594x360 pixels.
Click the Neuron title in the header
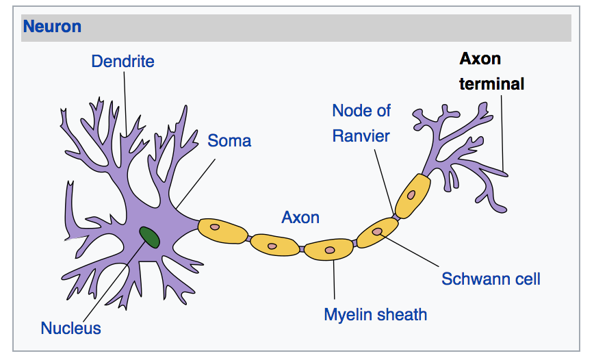point(52,27)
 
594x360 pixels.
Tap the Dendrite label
point(122,62)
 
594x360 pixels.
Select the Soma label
point(229,141)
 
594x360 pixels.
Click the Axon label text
point(300,218)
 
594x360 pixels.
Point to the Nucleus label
point(70,328)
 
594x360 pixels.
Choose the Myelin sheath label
point(375,315)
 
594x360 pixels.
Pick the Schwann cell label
point(491,279)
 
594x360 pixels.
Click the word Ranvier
point(361,136)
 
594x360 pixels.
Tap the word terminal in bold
point(491,84)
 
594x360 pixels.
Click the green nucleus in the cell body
point(150,237)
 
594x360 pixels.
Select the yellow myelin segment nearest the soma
point(222,230)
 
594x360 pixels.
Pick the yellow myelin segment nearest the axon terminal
point(413,194)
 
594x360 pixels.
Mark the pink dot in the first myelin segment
point(214,227)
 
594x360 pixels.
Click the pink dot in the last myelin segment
point(411,194)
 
